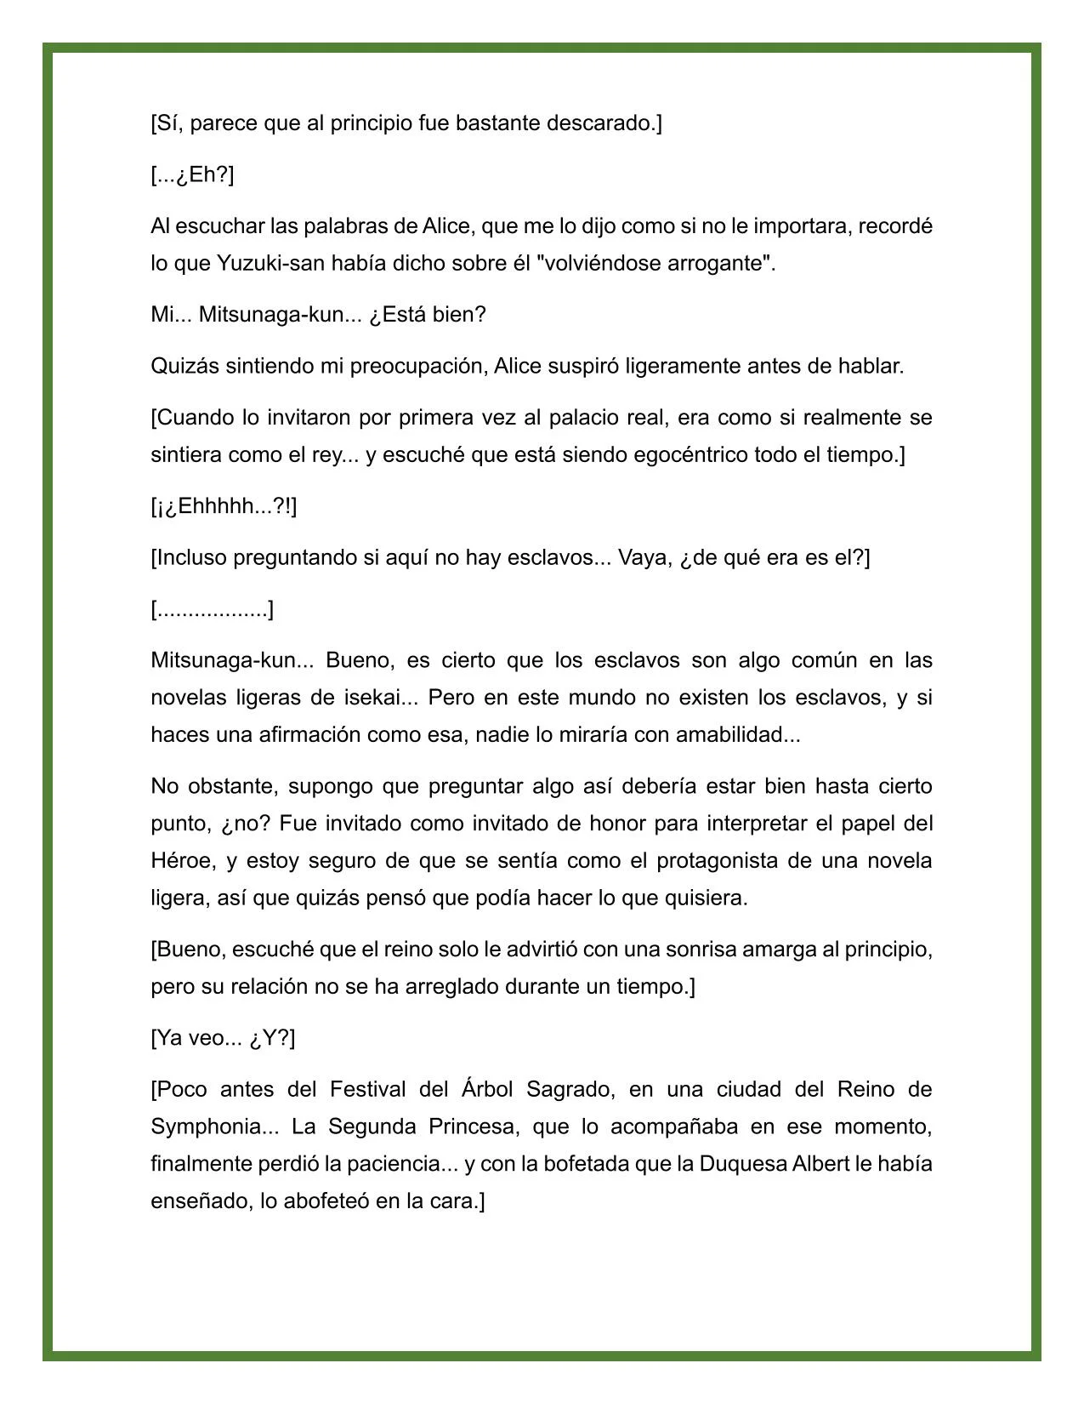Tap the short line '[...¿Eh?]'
coord(192,175)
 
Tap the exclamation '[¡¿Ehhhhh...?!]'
coord(224,506)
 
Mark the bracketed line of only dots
coord(212,609)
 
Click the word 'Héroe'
coord(180,861)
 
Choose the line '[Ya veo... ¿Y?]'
coord(223,1038)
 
